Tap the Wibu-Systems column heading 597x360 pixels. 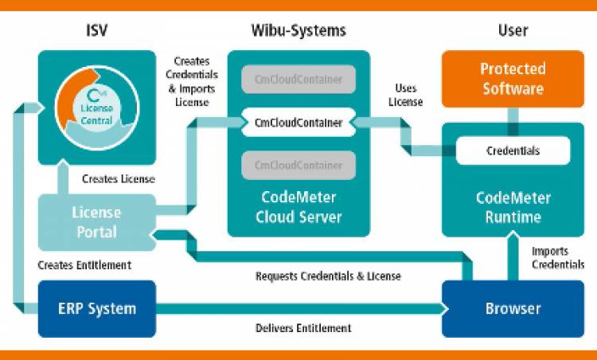click(x=298, y=31)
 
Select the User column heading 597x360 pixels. click(x=513, y=31)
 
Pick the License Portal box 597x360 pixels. click(x=96, y=222)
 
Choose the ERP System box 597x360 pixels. click(x=97, y=308)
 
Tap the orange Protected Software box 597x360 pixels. click(x=513, y=78)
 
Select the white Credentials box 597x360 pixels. click(x=513, y=151)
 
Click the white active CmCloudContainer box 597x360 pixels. click(x=298, y=123)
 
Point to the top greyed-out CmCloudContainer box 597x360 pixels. click(x=298, y=80)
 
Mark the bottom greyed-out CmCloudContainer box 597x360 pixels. click(x=298, y=166)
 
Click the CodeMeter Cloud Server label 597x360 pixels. click(x=298, y=207)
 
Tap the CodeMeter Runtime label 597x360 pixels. click(x=513, y=207)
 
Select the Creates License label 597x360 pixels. click(x=118, y=179)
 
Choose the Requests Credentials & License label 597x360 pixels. click(x=328, y=276)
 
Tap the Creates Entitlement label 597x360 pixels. click(x=84, y=265)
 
